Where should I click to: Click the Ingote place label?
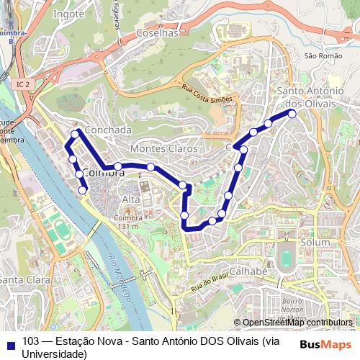pos(69,13)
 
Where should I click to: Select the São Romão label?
pos(320,55)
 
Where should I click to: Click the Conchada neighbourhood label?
pos(108,130)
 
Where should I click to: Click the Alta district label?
pos(131,199)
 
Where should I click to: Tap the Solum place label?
pos(315,243)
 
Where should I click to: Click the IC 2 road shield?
pos(22,84)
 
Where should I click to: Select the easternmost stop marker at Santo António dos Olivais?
pos(292,114)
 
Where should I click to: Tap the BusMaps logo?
pos(326,343)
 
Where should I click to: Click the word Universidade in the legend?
pos(55,354)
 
